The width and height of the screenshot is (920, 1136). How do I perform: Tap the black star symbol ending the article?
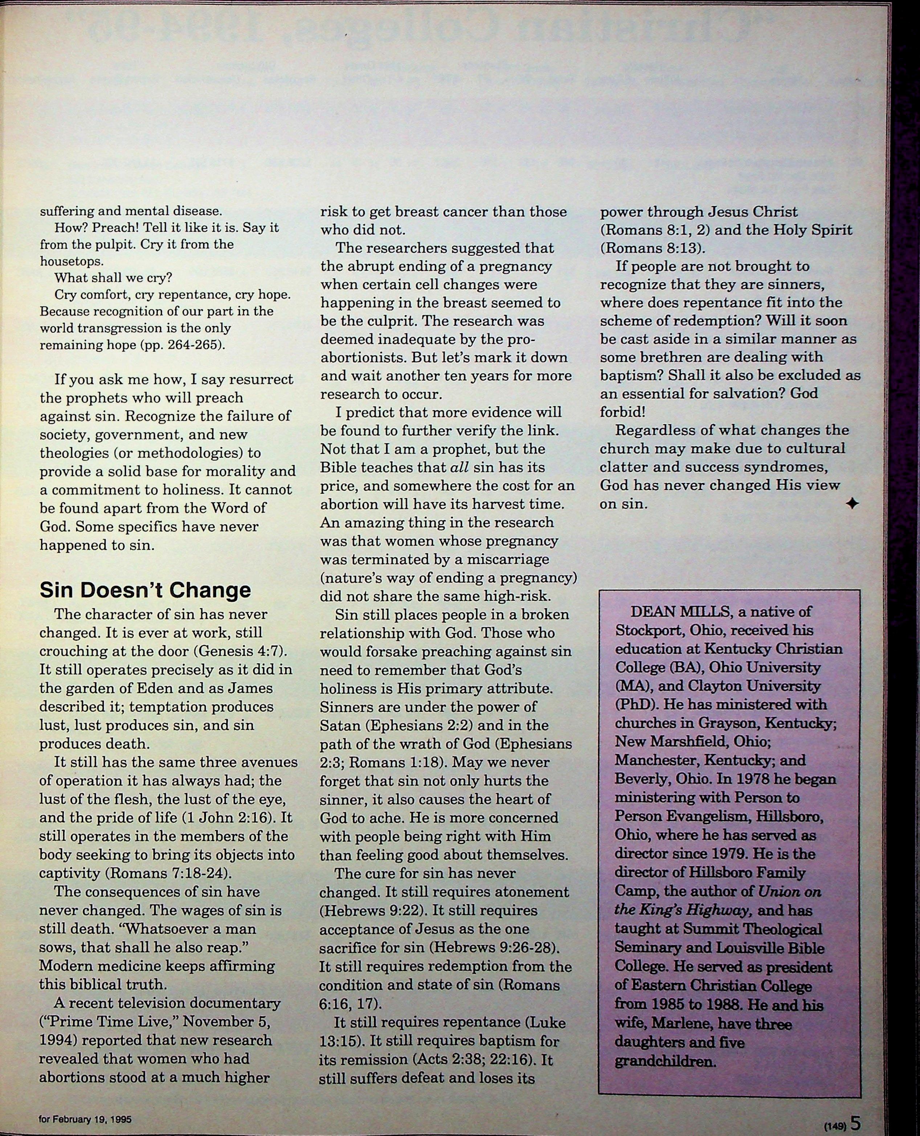pyautogui.click(x=852, y=504)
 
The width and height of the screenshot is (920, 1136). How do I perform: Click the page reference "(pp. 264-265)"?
pyautogui.click(x=183, y=345)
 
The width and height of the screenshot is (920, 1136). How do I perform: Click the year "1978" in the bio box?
pyautogui.click(x=774, y=779)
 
